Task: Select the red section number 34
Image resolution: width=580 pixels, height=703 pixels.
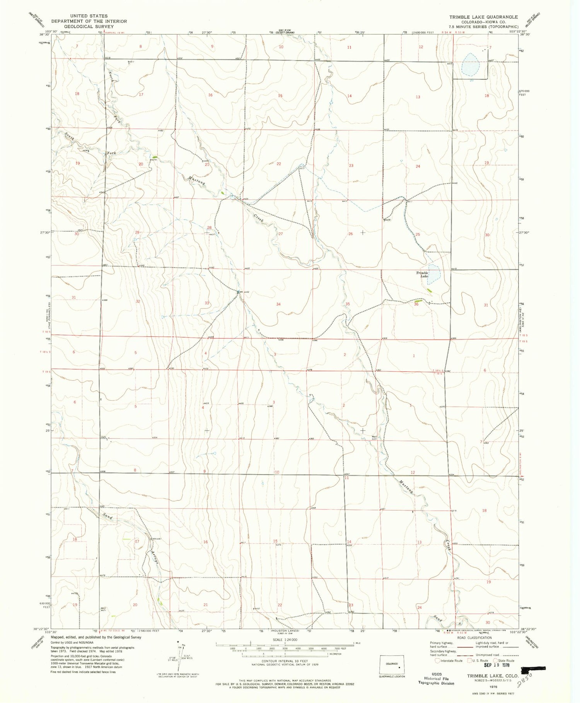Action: (x=278, y=304)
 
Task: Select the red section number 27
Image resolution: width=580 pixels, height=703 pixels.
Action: (x=281, y=234)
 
